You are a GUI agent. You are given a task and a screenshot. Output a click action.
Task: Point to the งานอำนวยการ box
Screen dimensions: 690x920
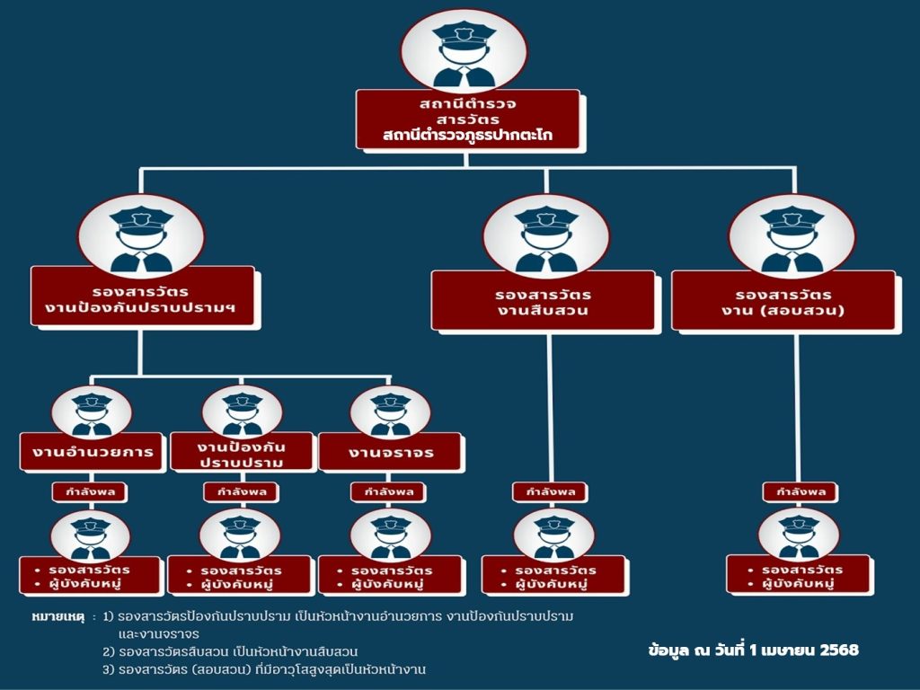coord(93,452)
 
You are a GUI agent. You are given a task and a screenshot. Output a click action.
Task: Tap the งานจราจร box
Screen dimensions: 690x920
coord(391,452)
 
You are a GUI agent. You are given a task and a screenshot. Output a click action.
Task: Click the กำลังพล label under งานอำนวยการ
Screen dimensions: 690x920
coord(90,492)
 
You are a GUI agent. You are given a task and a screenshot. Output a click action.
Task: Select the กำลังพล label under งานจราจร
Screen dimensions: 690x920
coord(389,492)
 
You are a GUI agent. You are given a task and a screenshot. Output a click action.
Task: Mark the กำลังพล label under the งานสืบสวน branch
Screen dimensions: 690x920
coord(550,492)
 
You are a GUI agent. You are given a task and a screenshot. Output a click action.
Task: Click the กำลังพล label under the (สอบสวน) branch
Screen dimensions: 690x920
coord(800,492)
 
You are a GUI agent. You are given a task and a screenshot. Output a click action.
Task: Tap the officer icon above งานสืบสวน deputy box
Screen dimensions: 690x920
coord(545,235)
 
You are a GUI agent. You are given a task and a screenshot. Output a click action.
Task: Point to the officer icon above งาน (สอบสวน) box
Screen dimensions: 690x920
coord(792,235)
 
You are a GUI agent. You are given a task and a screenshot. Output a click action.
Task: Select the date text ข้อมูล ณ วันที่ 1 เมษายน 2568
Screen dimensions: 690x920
coord(752,650)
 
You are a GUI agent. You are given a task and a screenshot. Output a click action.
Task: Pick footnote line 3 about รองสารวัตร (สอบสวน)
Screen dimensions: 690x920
coord(263,669)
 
